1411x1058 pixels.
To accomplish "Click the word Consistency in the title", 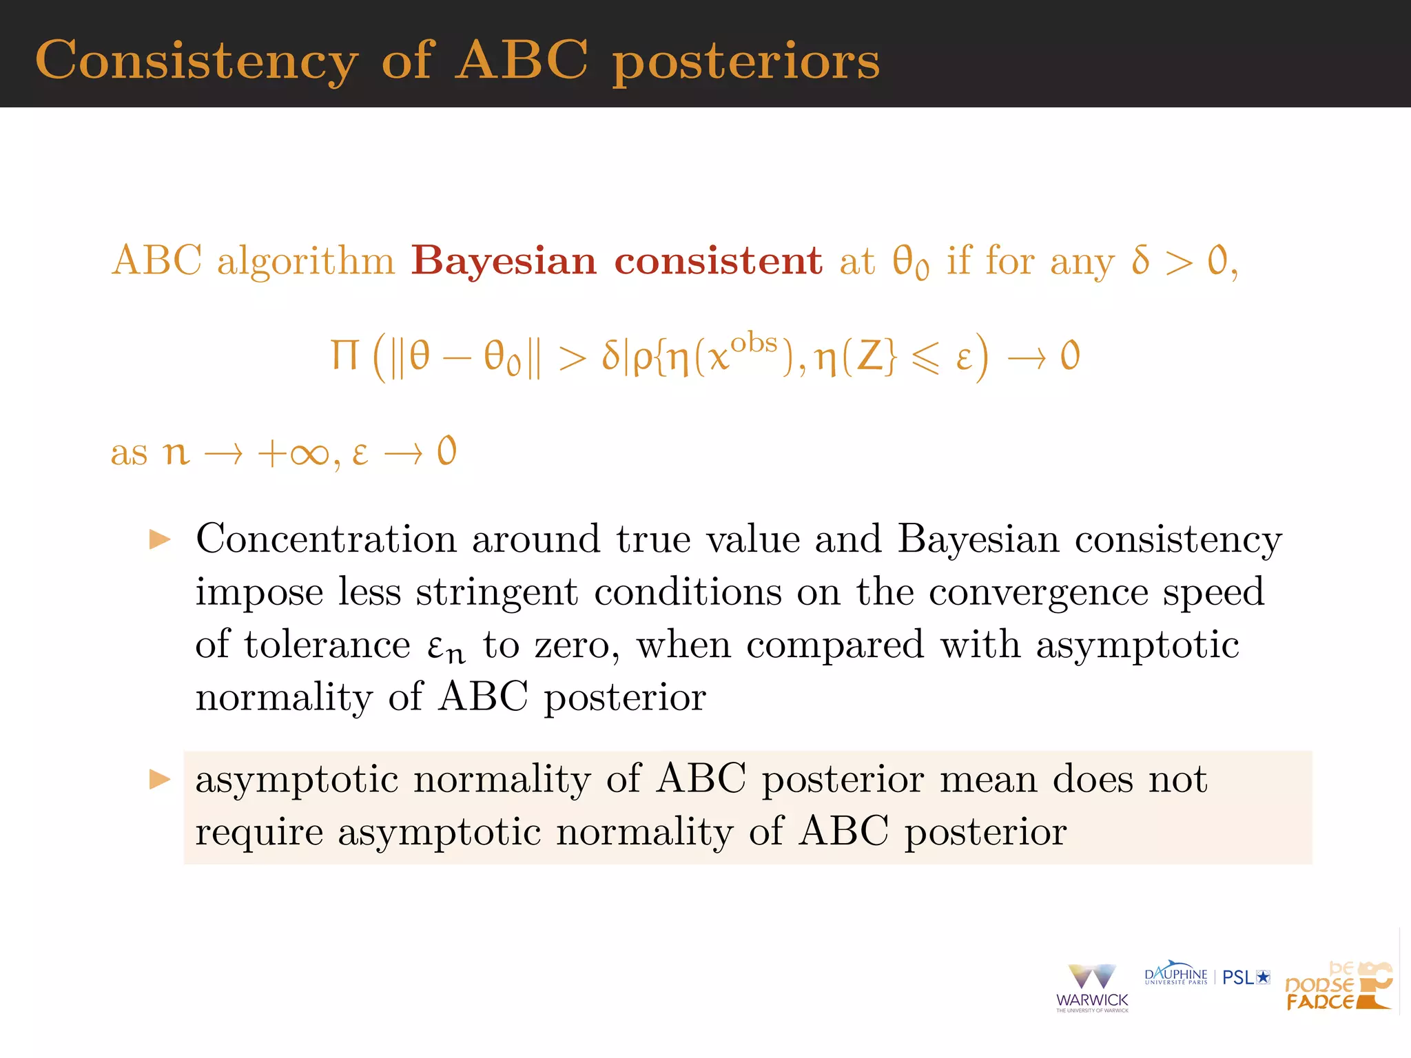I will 196,61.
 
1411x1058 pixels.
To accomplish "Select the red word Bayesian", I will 504,261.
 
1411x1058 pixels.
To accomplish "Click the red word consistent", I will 718,261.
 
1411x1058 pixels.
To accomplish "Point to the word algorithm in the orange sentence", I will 306,262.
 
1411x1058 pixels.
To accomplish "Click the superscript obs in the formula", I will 754,342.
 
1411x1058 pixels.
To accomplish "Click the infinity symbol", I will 309,454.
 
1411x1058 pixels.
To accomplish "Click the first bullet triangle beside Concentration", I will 160,539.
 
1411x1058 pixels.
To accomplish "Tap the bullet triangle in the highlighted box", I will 160,780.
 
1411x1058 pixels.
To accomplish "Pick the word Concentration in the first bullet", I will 326,539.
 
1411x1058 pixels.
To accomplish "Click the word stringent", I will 497,592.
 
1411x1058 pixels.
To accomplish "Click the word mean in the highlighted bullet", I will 988,780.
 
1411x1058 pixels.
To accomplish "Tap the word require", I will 259,832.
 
